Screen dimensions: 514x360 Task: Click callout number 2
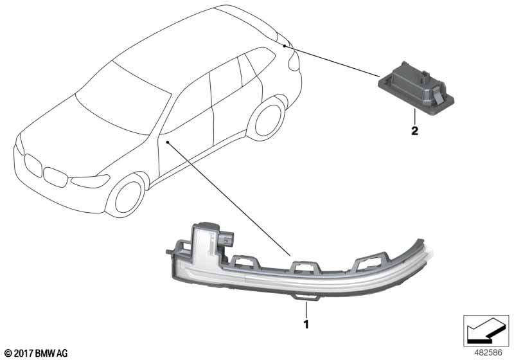[414, 132]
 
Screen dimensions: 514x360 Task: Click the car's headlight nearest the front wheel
[89, 181]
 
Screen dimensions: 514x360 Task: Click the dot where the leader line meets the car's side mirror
[166, 141]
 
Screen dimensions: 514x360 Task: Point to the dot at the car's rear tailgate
[284, 46]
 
